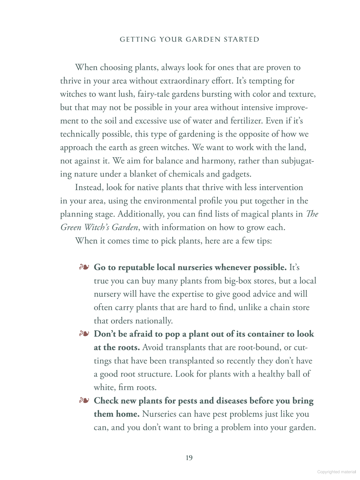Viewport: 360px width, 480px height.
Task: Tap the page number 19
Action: pyautogui.click(x=189, y=458)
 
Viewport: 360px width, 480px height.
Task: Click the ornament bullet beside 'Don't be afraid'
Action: pyautogui.click(x=84, y=334)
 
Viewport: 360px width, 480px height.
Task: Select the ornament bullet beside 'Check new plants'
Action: pyautogui.click(x=84, y=400)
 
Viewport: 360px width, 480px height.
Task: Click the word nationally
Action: pyautogui.click(x=154, y=321)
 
